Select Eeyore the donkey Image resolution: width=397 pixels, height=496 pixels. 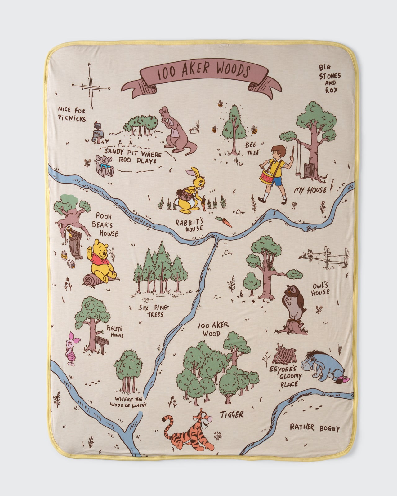coord(319,366)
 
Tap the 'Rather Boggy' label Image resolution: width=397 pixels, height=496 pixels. coord(314,428)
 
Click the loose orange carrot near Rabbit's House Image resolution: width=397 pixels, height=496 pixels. coord(224,221)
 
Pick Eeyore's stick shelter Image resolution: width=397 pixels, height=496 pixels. coord(284,354)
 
